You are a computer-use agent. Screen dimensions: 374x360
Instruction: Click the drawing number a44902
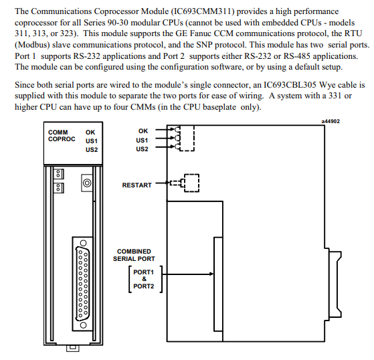331,121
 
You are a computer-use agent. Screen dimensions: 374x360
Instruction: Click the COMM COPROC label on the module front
62,136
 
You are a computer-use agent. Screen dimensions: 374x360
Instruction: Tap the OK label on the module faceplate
90,132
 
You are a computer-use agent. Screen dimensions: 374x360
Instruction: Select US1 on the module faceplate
92,141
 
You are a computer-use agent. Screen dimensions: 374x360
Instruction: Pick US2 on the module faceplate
92,150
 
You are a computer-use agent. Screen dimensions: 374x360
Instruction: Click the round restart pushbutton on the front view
87,183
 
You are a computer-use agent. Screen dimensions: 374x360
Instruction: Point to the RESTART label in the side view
136,185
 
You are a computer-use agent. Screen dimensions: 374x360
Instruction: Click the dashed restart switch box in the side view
191,183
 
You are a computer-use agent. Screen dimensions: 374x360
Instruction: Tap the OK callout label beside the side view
143,131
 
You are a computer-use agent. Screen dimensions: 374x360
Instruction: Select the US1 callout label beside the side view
142,140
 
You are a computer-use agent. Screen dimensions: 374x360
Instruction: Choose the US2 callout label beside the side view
142,149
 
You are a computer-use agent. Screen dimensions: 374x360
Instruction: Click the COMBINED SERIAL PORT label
134,255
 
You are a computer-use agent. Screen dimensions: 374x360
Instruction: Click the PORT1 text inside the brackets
143,272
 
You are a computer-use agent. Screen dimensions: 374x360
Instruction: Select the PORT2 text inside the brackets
143,286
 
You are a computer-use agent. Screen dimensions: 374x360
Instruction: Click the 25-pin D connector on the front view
82,284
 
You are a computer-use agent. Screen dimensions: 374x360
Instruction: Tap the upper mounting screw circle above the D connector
83,243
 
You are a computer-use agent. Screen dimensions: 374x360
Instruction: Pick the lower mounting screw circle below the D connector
83,325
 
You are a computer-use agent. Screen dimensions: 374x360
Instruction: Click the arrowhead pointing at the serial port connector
211,274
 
